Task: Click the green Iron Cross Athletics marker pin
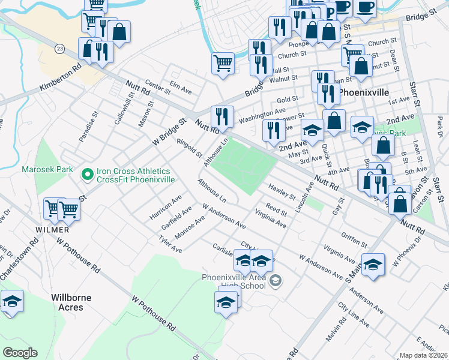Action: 87,175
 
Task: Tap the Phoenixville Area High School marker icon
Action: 276,280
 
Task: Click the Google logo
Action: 20,353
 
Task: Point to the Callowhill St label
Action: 124,112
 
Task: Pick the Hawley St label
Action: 282,192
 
